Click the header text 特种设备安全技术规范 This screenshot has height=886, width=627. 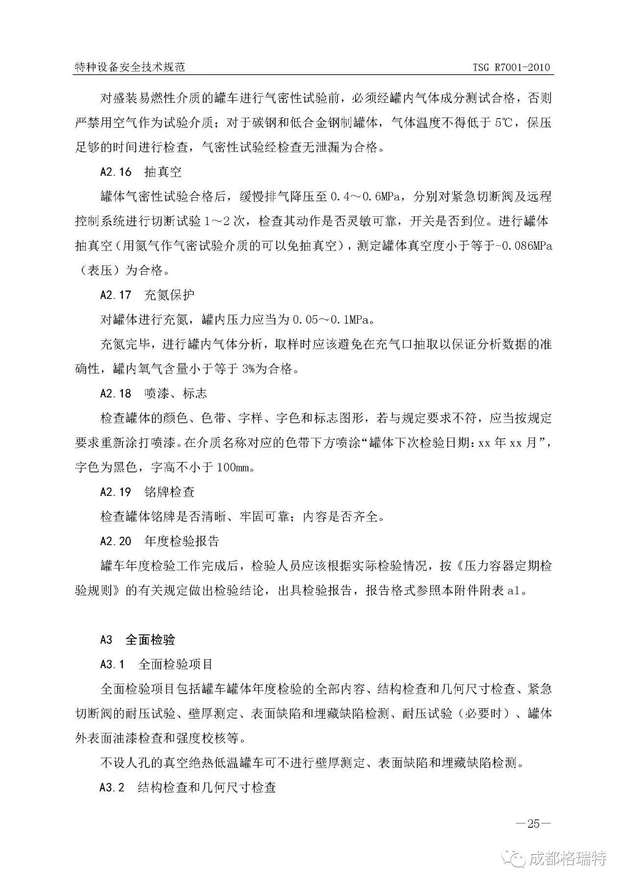coord(129,68)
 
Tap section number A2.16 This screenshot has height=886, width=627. coord(116,172)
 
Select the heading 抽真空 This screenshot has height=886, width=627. coord(163,172)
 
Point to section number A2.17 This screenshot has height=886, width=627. coord(116,295)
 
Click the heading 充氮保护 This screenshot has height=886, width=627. coord(169,295)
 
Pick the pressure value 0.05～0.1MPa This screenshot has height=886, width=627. coord(333,320)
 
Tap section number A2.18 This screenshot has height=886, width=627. coord(116,393)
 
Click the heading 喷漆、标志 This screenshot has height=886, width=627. coord(175,393)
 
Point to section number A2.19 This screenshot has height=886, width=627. coord(116,492)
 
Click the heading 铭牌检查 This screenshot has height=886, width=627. coord(169,492)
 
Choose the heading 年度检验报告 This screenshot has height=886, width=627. coord(182,541)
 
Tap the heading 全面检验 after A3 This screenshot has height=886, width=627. coord(150,640)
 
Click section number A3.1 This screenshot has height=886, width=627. coord(112,664)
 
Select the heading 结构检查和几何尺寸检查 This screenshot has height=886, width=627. coord(207,787)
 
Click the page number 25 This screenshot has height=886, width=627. coord(533,823)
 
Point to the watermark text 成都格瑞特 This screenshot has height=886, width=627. coord(568,858)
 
